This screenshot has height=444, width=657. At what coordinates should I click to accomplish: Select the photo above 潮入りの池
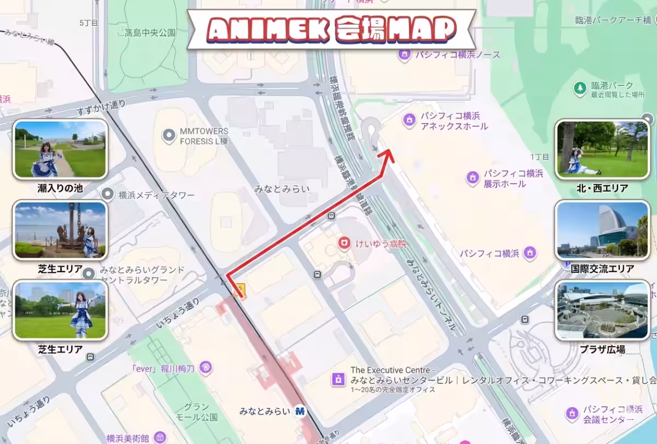tap(60, 149)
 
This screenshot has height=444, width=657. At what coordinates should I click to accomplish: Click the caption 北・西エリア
tap(602, 188)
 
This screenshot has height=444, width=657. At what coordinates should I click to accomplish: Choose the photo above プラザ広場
tap(602, 310)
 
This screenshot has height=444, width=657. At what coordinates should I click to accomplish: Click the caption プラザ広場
tap(602, 349)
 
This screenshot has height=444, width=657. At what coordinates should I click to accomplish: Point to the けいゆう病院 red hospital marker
tap(344, 243)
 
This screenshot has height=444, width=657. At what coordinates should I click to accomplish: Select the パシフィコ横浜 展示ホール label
tap(513, 179)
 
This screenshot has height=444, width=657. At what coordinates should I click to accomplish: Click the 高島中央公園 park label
tap(150, 33)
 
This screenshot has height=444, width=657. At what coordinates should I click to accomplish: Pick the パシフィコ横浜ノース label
tap(457, 55)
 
